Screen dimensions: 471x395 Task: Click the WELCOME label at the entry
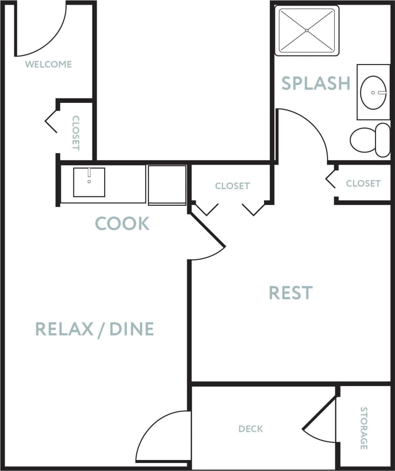click(x=48, y=64)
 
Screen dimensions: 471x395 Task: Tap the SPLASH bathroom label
click(x=316, y=83)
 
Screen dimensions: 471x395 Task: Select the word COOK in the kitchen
click(x=122, y=224)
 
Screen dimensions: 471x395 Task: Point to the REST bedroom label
click(x=291, y=293)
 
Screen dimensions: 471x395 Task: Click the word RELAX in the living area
click(x=64, y=329)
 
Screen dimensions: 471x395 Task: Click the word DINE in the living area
click(x=132, y=329)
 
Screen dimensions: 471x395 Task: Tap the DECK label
click(x=250, y=429)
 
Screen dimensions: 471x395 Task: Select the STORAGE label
click(x=364, y=428)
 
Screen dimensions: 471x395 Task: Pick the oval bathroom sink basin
click(x=373, y=92)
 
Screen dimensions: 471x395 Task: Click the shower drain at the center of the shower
click(x=307, y=30)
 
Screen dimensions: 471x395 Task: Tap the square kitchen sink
click(x=89, y=182)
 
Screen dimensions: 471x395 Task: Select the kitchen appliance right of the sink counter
click(x=167, y=185)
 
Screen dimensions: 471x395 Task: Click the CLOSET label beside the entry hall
click(x=76, y=133)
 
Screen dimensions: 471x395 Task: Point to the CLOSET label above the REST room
click(x=232, y=186)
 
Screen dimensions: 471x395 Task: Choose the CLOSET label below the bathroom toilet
click(x=363, y=183)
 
